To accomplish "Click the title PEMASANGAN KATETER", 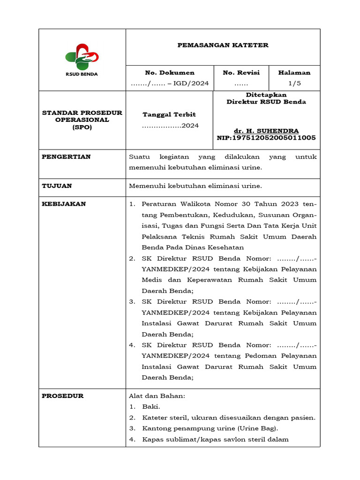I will (223, 45).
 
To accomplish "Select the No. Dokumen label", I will (170, 73).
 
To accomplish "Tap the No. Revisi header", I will (241, 73).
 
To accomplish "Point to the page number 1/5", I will (294, 83).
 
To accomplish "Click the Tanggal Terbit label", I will (169, 114).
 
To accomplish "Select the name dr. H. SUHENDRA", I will (266, 131).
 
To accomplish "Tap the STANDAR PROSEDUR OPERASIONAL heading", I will (82, 116).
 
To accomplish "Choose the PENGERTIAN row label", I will (66, 157).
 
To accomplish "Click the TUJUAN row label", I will (57, 186).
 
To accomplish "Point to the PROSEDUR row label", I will (63, 396).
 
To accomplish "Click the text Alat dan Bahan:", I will (157, 396).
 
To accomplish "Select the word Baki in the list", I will (150, 407).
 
